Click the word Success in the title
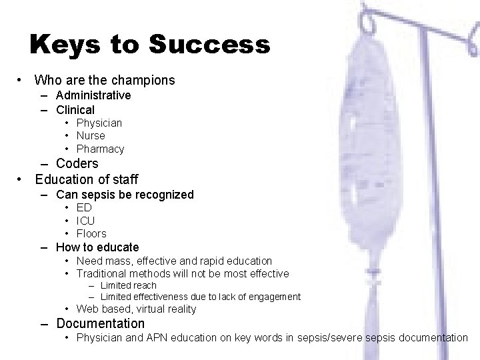click(209, 45)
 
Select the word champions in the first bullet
click(139, 81)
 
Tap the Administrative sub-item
click(93, 95)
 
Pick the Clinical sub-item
click(75, 109)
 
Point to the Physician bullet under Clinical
click(99, 123)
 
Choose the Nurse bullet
click(91, 135)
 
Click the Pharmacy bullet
click(100, 149)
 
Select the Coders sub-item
click(77, 163)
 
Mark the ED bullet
click(84, 208)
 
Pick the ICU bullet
click(85, 221)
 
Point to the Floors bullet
click(91, 233)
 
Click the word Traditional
click(103, 273)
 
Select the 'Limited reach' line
click(128, 285)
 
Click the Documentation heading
click(100, 323)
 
